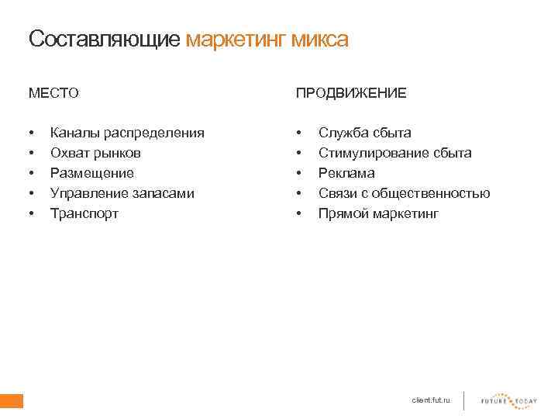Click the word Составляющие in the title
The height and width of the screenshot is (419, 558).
tap(105, 39)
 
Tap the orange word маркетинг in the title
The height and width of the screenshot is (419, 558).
tap(236, 39)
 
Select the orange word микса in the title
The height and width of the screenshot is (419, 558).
tap(320, 39)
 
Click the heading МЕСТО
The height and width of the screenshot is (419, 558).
tap(53, 93)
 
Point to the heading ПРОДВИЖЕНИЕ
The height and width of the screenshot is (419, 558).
tap(350, 93)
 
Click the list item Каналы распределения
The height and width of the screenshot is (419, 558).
tap(127, 133)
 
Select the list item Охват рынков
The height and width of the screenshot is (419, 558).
tap(95, 153)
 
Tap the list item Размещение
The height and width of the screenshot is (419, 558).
tap(91, 173)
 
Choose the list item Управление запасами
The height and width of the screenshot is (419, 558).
tap(122, 193)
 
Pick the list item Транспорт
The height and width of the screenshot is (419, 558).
tap(84, 213)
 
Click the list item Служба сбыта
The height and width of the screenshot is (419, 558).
tap(364, 133)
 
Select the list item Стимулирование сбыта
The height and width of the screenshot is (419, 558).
tap(394, 153)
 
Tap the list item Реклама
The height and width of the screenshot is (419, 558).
tap(346, 173)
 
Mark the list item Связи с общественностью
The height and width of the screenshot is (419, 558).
tap(404, 193)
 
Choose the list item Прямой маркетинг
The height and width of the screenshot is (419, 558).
tap(378, 213)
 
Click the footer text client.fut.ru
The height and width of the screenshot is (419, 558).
tap(430, 400)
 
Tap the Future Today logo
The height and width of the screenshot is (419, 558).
tap(508, 400)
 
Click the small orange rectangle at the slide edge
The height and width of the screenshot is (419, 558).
tap(12, 400)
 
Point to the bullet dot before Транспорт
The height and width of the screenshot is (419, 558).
tap(30, 213)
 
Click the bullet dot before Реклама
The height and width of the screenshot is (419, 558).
tap(298, 173)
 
